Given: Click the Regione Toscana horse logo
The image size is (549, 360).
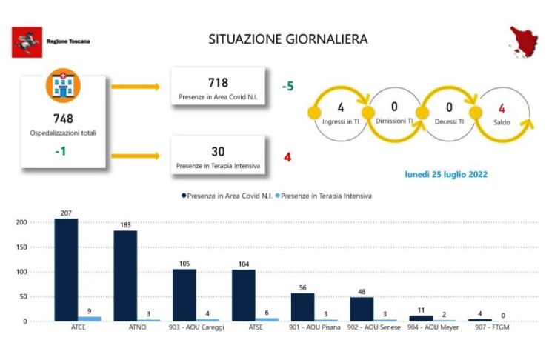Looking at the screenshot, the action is [x=27, y=42].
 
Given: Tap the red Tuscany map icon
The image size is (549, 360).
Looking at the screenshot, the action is [x=524, y=41].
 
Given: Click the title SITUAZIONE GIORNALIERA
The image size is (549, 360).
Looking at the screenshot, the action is [x=288, y=39].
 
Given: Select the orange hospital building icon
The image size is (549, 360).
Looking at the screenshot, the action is [x=64, y=85].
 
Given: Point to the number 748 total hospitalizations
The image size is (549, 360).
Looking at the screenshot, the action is [x=64, y=119].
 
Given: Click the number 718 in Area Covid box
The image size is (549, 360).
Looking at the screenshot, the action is [x=218, y=83].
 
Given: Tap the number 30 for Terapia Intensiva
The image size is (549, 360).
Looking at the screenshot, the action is [x=218, y=152].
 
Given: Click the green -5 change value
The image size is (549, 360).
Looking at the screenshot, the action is [x=287, y=86].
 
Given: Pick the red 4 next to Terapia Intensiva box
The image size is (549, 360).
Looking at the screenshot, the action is [x=287, y=157].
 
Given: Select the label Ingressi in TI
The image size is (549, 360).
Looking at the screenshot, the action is [x=341, y=122].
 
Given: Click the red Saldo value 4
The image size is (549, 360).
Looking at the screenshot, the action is [x=502, y=109].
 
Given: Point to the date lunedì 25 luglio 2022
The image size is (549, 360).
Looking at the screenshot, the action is [x=446, y=174].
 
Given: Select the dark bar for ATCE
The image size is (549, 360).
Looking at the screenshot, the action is [x=66, y=270].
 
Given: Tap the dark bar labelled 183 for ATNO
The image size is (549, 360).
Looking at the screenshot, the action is [x=125, y=276].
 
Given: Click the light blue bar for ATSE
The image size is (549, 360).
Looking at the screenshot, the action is [x=267, y=320].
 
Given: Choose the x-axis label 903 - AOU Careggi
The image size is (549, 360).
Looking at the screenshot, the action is [x=196, y=327].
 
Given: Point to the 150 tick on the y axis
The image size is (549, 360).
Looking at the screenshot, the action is [x=21, y=247].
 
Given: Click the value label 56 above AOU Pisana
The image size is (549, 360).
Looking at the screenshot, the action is [x=303, y=288].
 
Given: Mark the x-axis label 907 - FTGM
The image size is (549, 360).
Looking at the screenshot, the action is [x=492, y=327].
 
